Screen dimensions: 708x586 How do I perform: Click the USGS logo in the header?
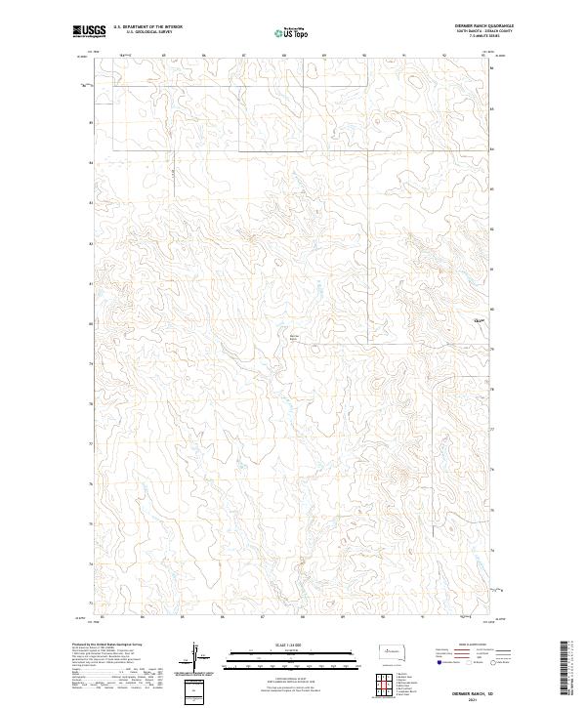pyautogui.click(x=89, y=31)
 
